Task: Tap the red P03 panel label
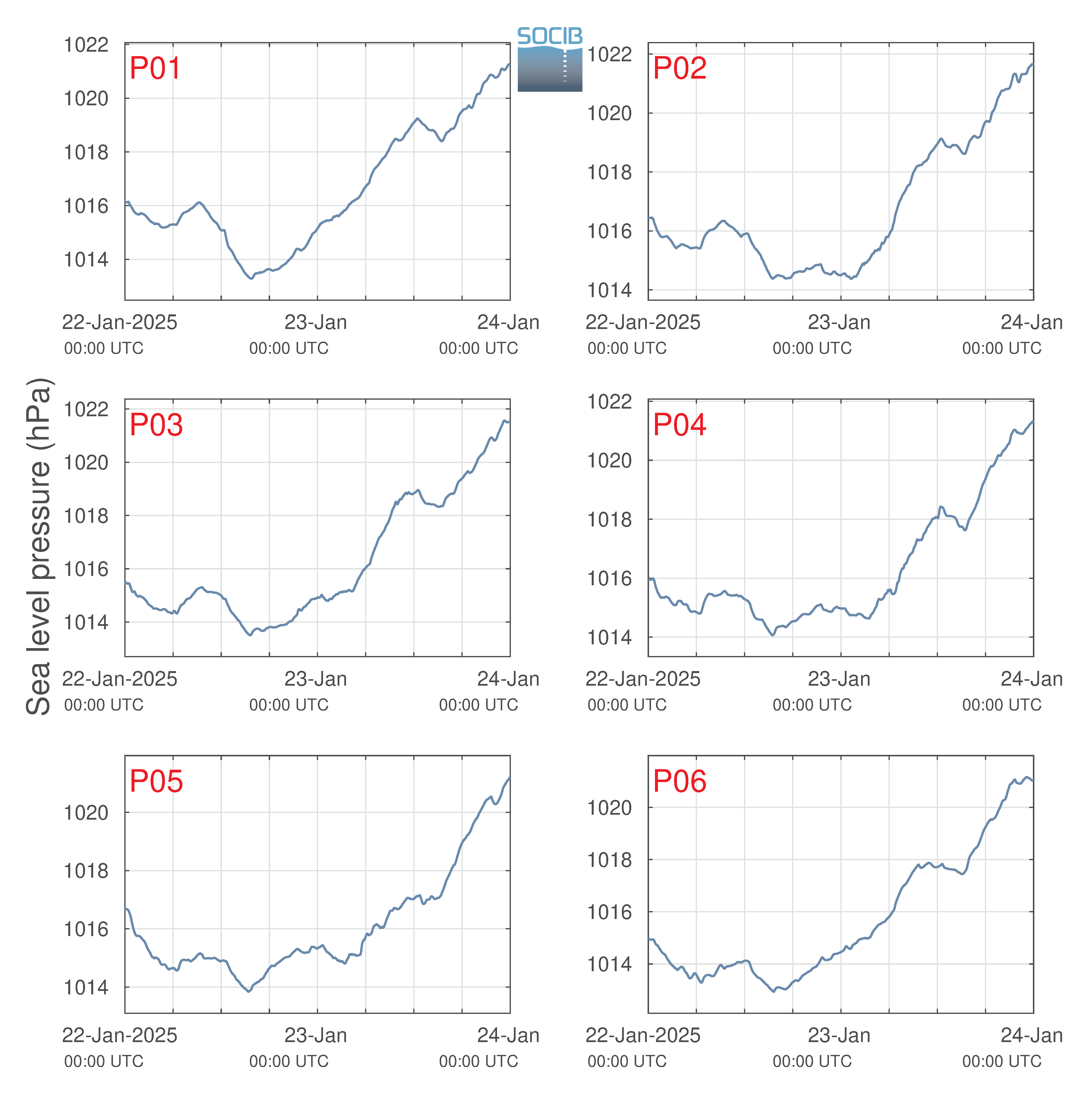(x=156, y=425)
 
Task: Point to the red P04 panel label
(x=679, y=425)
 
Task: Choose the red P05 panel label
(x=156, y=781)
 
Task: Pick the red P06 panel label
(x=679, y=781)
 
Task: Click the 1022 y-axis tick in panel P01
(x=86, y=45)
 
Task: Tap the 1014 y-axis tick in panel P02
(x=609, y=290)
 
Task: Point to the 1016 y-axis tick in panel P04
(x=609, y=578)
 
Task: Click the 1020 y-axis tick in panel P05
(x=86, y=812)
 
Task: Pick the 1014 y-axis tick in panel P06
(x=609, y=964)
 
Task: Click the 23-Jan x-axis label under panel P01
(x=316, y=323)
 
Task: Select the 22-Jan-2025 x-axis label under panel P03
(x=119, y=679)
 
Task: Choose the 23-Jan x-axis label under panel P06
(x=839, y=1035)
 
